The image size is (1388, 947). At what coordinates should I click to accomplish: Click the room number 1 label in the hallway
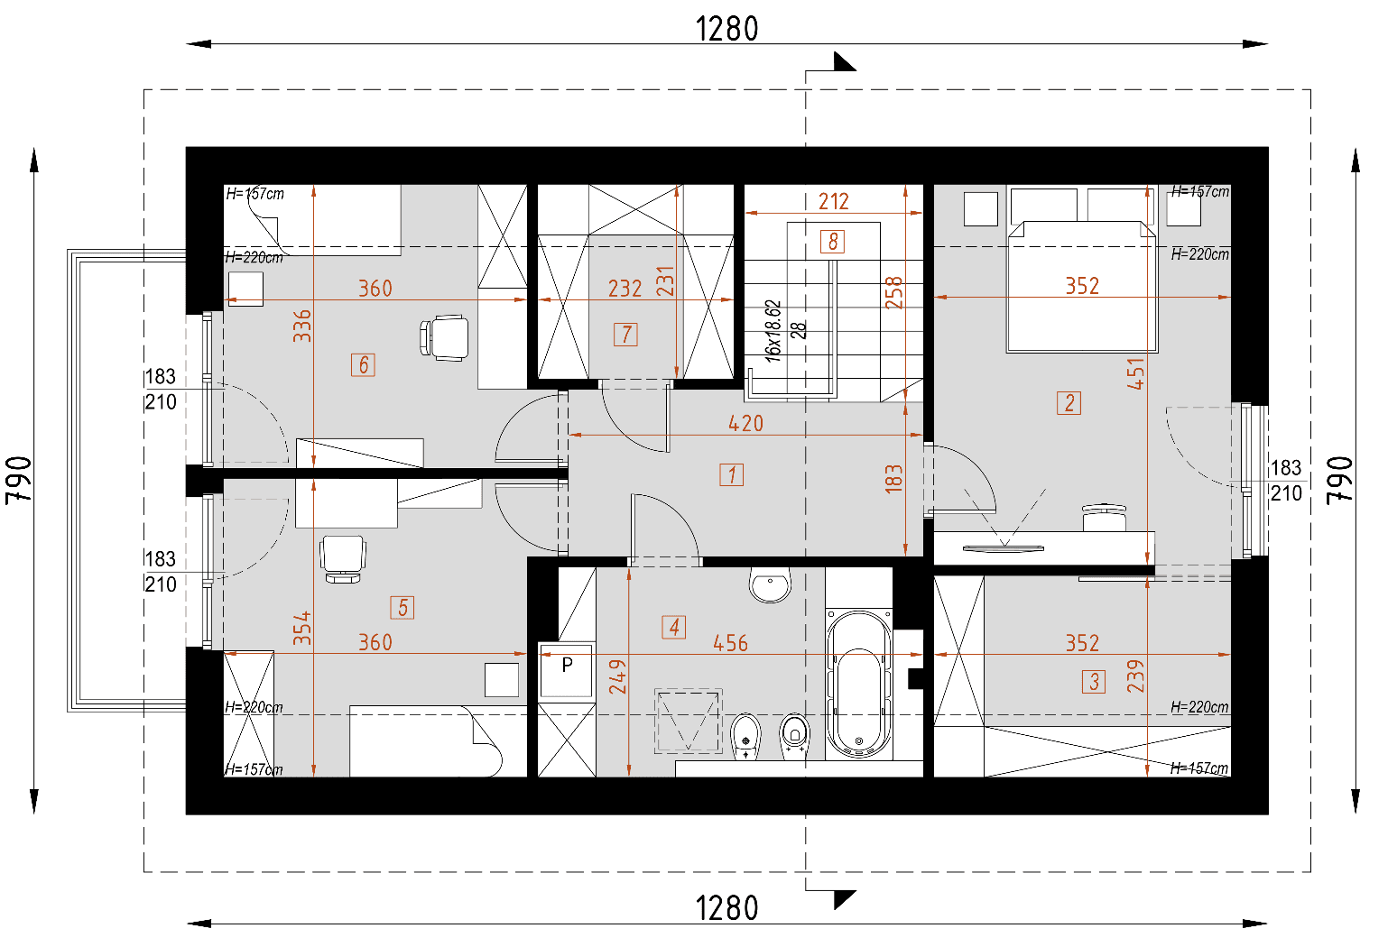point(731,474)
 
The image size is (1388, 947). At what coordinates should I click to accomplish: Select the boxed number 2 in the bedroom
point(1069,402)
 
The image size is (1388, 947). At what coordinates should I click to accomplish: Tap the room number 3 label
point(1093,681)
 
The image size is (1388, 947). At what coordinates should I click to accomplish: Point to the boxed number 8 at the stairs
point(832,241)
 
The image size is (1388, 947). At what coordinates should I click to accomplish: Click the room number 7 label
point(625,335)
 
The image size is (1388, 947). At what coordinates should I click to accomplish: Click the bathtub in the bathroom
point(858,685)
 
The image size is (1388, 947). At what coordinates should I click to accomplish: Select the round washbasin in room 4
point(770,584)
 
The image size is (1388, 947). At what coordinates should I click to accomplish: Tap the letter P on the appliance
point(567,666)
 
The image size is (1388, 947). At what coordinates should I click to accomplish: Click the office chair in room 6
point(445,338)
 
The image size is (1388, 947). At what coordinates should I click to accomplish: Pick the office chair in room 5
point(343,558)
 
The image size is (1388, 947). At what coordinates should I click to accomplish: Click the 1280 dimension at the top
point(726,29)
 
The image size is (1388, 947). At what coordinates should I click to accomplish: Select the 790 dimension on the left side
point(19,480)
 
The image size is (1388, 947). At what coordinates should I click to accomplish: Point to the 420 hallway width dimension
point(745,423)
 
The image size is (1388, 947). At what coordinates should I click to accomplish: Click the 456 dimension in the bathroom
point(730,643)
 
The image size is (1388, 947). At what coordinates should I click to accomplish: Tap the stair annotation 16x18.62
point(773,331)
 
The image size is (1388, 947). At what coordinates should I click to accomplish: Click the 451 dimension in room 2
point(1135,373)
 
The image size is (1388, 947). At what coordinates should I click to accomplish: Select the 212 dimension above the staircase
point(833,201)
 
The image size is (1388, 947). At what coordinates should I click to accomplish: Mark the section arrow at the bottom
point(843,898)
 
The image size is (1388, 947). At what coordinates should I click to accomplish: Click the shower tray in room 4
point(688,721)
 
